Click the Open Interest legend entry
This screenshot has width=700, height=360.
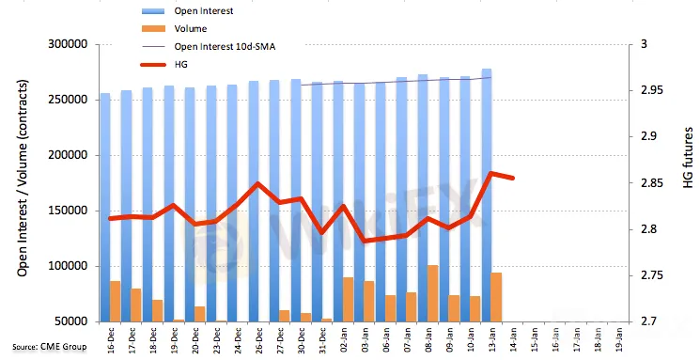(204, 10)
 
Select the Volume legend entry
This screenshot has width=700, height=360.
(191, 28)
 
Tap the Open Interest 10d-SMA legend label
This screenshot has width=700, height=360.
(225, 46)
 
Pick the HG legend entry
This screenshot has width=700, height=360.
(180, 64)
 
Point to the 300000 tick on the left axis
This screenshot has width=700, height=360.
(69, 45)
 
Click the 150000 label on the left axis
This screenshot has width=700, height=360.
(69, 211)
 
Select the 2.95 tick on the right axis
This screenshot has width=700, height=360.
(651, 90)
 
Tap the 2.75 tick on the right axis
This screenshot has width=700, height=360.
(651, 275)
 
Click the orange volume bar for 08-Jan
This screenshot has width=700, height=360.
(433, 293)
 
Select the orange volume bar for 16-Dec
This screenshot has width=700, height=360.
(116, 302)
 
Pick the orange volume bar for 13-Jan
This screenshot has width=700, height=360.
(496, 297)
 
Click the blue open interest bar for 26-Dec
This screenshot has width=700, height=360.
(254, 201)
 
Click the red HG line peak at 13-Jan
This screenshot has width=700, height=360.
(491, 173)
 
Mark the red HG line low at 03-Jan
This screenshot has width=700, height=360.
(366, 241)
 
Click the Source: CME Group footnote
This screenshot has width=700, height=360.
(50, 347)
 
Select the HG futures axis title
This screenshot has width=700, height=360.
(688, 158)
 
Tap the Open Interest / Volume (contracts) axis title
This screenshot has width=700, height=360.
(23, 179)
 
